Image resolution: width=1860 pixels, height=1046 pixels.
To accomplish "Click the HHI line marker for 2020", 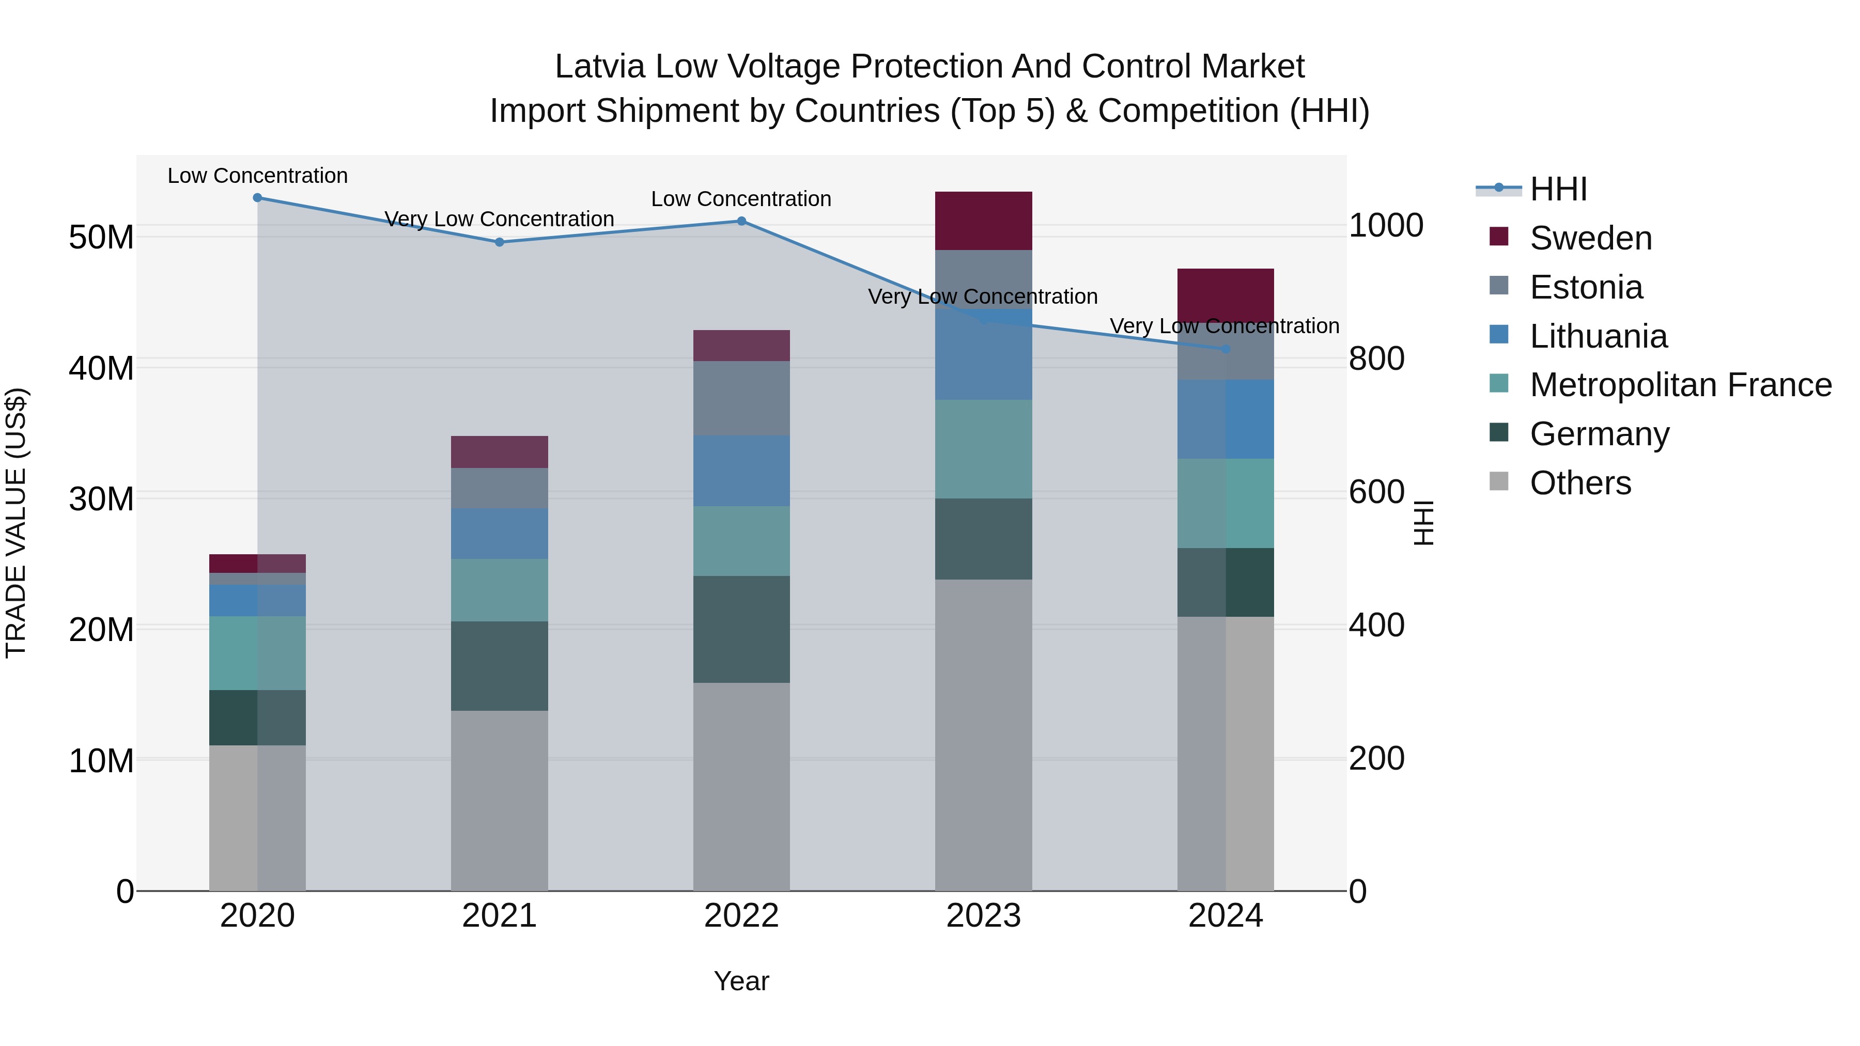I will coord(257,198).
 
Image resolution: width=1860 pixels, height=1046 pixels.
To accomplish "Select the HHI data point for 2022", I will coord(741,221).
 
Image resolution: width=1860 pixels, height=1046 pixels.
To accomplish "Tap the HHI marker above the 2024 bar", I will coord(1226,349).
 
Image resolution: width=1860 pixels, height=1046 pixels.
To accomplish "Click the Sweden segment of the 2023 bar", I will coord(983,221).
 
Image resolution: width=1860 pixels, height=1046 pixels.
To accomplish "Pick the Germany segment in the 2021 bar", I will coord(499,666).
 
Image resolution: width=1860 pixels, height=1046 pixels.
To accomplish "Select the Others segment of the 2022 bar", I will coord(741,787).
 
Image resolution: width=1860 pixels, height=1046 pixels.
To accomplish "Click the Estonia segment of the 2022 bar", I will coord(741,398).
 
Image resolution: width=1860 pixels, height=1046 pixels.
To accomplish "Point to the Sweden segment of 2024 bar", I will coord(1226,292).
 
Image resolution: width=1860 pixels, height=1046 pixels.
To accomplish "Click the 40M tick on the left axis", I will coord(101,368).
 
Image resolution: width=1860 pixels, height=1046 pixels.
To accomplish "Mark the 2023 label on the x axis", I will coord(983,916).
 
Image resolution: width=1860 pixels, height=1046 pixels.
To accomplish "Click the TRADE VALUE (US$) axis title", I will coord(16,523).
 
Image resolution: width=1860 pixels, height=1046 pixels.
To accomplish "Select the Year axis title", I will coord(741,981).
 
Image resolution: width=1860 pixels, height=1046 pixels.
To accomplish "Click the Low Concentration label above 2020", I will coord(257,176).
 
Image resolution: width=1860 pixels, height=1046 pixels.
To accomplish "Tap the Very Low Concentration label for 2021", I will coord(499,218).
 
